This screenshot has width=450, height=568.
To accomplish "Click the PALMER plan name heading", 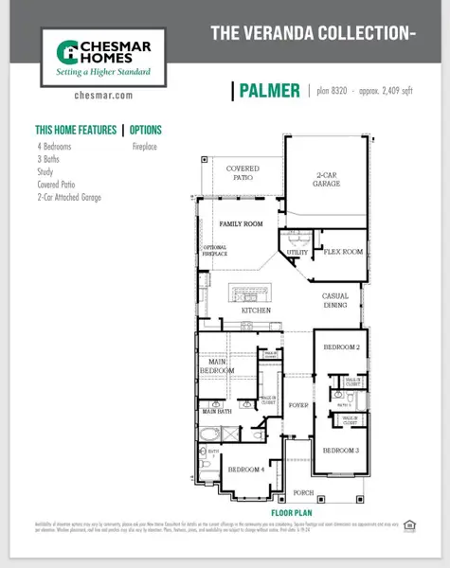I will pyautogui.click(x=270, y=91).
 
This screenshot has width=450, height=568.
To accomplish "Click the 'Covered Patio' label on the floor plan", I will pyautogui.click(x=243, y=173).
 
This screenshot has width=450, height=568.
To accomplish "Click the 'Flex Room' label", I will pyautogui.click(x=344, y=253).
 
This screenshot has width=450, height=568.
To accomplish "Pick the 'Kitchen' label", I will pyautogui.click(x=256, y=311).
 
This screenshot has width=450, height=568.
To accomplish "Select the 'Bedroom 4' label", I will pyautogui.click(x=244, y=470).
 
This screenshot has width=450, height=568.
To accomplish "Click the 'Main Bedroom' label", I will pyautogui.click(x=217, y=365).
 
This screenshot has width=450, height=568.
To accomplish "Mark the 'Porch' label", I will pyautogui.click(x=303, y=493).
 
